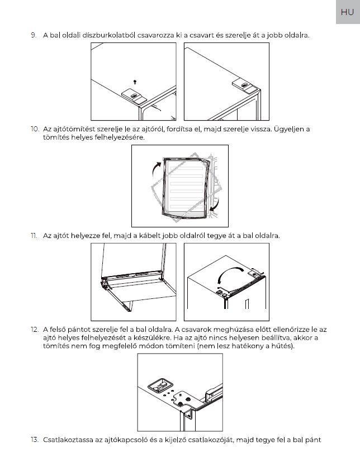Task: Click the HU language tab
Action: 347,12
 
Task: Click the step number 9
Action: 34,35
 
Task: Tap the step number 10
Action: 35,129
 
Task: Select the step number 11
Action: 34,236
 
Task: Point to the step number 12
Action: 35,330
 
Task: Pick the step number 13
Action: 35,439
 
